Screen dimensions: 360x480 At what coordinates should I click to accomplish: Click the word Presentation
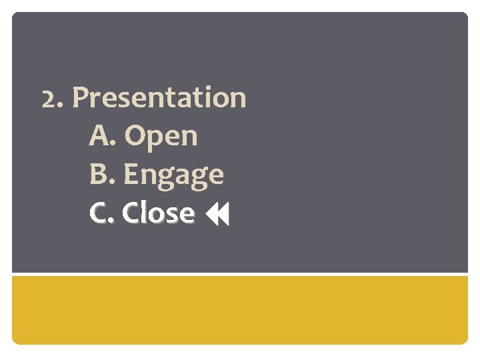(x=159, y=98)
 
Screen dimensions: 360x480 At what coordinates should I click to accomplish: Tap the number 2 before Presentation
(x=48, y=99)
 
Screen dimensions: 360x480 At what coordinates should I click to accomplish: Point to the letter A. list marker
(x=102, y=136)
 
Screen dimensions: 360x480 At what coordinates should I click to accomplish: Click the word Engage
(x=173, y=175)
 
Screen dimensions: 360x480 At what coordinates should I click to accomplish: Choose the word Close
(x=159, y=213)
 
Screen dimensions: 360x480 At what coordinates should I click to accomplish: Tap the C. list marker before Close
(x=102, y=213)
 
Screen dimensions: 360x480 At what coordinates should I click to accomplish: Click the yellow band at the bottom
(x=240, y=309)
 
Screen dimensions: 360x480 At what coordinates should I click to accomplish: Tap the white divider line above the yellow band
(x=240, y=274)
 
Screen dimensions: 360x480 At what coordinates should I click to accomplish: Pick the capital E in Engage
(x=131, y=175)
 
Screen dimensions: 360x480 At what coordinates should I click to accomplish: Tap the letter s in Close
(x=171, y=215)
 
